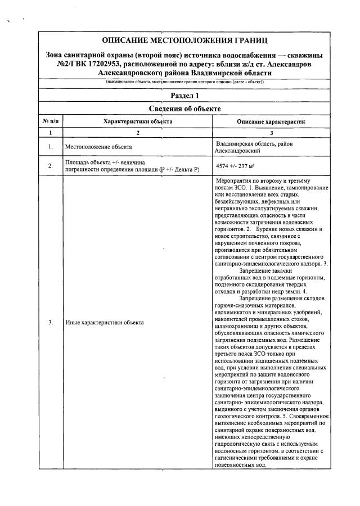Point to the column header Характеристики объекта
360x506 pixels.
click(x=138, y=121)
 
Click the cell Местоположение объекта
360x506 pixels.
click(x=98, y=147)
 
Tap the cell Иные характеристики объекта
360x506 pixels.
click(x=104, y=323)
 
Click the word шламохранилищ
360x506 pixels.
click(x=235, y=327)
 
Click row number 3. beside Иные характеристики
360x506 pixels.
click(x=51, y=323)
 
